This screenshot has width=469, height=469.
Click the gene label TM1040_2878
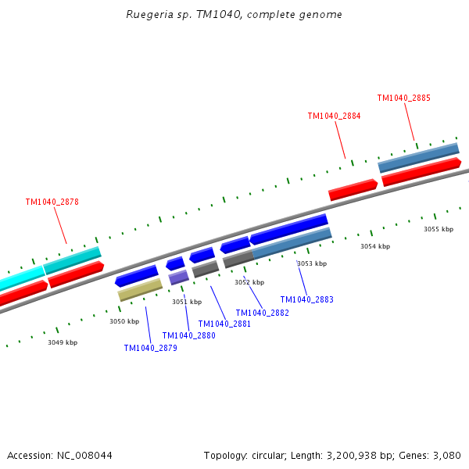tap(52, 202)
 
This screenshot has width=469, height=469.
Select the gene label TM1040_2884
tap(334, 116)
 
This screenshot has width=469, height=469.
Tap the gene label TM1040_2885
tap(403, 98)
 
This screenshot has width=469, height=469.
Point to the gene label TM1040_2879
tap(150, 349)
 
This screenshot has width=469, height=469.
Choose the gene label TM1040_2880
tap(188, 336)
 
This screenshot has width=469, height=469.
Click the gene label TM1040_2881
tap(224, 324)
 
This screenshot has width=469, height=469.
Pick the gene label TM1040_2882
tap(262, 313)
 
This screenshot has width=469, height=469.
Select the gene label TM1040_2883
tap(306, 299)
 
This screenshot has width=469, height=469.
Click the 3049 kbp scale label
tap(63, 342)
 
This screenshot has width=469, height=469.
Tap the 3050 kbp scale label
tap(124, 321)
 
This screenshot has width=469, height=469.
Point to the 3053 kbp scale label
tap(312, 263)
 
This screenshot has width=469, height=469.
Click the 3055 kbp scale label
tap(439, 229)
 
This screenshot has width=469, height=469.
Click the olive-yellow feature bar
tap(140, 290)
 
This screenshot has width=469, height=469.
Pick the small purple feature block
tap(179, 277)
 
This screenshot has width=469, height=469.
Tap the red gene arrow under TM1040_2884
tap(353, 189)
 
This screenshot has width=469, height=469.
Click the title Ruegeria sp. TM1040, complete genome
tap(234, 15)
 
